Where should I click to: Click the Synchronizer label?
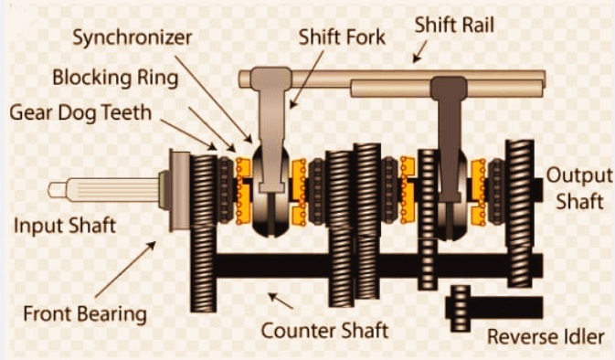coord(133,38)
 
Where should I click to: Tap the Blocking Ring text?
coord(115,78)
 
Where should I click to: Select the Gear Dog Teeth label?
coord(80,113)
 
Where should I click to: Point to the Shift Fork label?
coord(342,37)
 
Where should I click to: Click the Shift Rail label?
coord(454,25)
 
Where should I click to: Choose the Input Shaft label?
coord(65,226)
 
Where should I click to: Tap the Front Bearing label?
coord(85,314)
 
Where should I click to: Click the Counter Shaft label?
coord(324,331)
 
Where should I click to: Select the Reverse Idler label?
coord(546,337)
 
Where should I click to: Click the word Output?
coord(579,175)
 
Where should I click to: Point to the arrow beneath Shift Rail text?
coord(419,52)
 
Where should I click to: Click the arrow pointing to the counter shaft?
coord(281,301)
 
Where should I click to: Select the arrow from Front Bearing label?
coord(125,270)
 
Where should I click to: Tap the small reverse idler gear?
coord(460,308)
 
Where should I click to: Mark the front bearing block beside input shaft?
coord(180,190)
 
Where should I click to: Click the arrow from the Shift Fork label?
coord(307,79)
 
